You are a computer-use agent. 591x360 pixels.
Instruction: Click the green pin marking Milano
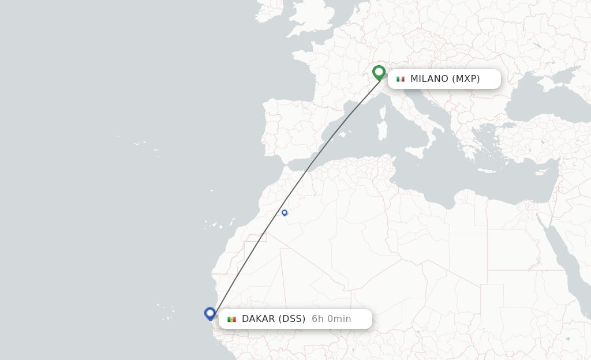379,72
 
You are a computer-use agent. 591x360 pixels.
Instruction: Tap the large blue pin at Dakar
210,313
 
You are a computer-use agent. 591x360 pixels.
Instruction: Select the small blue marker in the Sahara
285,213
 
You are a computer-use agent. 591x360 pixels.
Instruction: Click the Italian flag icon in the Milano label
401,79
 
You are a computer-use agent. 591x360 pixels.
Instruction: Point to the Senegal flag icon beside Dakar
231,319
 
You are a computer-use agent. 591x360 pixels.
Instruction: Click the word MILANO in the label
429,79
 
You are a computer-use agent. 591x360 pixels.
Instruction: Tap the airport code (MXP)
466,79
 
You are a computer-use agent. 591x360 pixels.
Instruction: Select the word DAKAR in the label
257,319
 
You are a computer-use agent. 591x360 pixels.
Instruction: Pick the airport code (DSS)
291,319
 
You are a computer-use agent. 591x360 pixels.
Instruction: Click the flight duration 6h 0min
331,319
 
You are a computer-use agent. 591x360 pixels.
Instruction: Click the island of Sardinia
381,130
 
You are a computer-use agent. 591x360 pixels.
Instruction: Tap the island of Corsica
382,112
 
